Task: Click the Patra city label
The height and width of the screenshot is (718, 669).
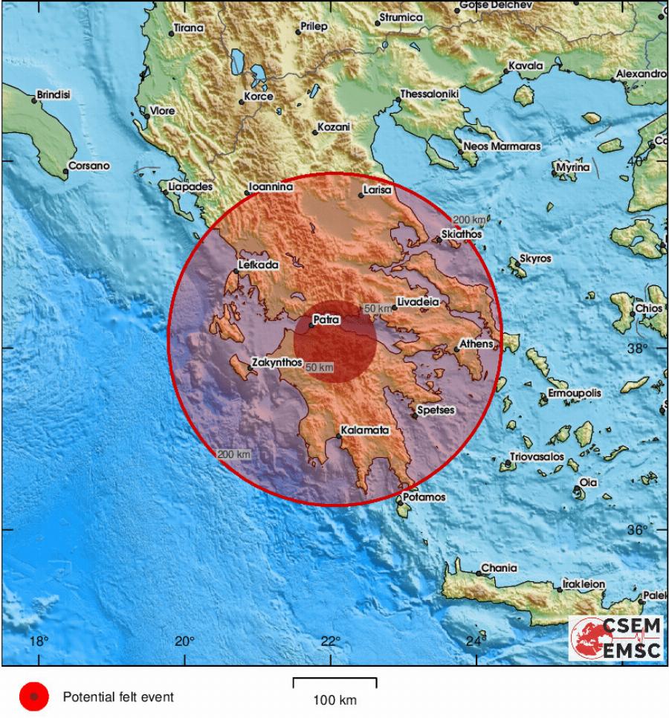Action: click(x=326, y=320)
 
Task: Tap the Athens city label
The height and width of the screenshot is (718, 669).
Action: click(x=476, y=344)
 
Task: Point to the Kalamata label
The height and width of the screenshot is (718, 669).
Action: click(x=364, y=430)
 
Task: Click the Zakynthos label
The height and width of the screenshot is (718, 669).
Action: click(x=277, y=363)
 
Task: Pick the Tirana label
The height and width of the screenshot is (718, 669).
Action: click(x=188, y=29)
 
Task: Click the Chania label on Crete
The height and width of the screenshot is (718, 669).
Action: click(x=499, y=568)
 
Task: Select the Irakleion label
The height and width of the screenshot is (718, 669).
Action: click(x=584, y=584)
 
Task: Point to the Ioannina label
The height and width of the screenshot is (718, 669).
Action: click(x=271, y=188)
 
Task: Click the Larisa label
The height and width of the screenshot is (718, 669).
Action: click(x=377, y=190)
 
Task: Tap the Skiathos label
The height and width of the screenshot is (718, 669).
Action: click(x=462, y=233)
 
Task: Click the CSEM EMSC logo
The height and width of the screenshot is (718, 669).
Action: click(x=616, y=638)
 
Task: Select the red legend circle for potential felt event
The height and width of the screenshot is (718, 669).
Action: click(x=33, y=697)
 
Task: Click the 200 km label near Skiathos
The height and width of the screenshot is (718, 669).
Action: click(x=469, y=220)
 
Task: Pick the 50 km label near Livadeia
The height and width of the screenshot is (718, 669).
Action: click(x=377, y=308)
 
